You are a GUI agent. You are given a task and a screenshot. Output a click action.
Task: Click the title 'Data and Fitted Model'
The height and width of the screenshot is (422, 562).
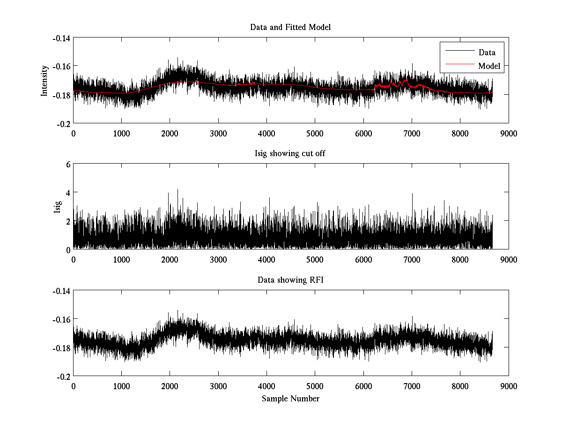[x=290, y=27]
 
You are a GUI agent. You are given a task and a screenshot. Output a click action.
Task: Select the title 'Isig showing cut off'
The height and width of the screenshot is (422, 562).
[x=290, y=154]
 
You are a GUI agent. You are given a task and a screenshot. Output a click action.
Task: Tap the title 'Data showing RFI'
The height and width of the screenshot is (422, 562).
[x=290, y=280]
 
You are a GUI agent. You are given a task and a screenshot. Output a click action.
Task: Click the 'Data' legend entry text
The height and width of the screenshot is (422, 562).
[x=487, y=53]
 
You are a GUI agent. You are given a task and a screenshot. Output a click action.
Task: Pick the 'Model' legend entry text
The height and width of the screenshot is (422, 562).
[x=489, y=66]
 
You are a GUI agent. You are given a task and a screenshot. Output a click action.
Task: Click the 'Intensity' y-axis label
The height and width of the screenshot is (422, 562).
[x=44, y=81]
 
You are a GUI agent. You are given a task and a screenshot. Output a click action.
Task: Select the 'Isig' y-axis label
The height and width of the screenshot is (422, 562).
[x=58, y=207]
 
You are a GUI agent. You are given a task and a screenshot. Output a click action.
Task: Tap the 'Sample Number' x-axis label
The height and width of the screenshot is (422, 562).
[x=290, y=399]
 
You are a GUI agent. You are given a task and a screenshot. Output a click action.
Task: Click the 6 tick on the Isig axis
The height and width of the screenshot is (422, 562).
[x=67, y=165]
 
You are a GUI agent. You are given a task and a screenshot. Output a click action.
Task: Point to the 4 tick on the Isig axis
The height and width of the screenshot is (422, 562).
[x=67, y=193]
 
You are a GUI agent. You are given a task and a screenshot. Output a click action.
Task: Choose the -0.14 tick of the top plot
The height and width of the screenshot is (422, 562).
[x=61, y=38]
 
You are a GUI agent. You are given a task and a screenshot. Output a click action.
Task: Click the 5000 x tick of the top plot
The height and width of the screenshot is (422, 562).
[x=315, y=133]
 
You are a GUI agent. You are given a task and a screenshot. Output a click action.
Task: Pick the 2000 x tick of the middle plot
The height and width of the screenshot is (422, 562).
[x=170, y=260]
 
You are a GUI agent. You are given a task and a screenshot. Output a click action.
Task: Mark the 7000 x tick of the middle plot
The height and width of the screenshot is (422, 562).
[x=412, y=260]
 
